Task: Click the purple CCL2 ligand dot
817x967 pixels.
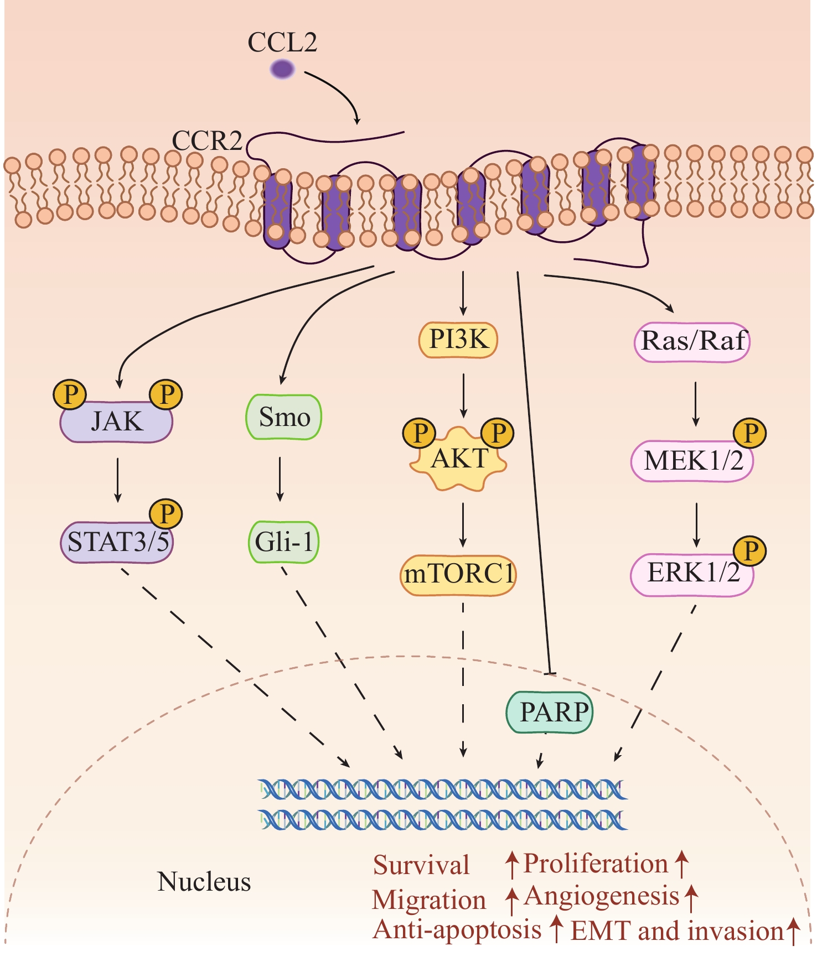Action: click(282, 70)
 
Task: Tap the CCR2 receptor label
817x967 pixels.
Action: click(207, 141)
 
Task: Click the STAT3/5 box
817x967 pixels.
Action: click(117, 542)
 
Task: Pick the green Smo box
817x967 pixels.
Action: click(283, 417)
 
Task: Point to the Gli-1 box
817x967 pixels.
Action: click(283, 542)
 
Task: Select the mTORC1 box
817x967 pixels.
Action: click(458, 575)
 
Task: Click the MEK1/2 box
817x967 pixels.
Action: click(692, 461)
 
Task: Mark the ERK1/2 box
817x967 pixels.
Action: click(692, 575)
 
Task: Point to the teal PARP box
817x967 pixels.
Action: click(550, 712)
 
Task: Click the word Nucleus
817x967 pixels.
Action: click(204, 882)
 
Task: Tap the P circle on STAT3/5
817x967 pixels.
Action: click(166, 514)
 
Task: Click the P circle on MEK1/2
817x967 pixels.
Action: click(749, 433)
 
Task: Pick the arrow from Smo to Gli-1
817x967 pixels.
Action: click(280, 479)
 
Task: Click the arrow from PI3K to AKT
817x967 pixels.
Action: click(463, 395)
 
